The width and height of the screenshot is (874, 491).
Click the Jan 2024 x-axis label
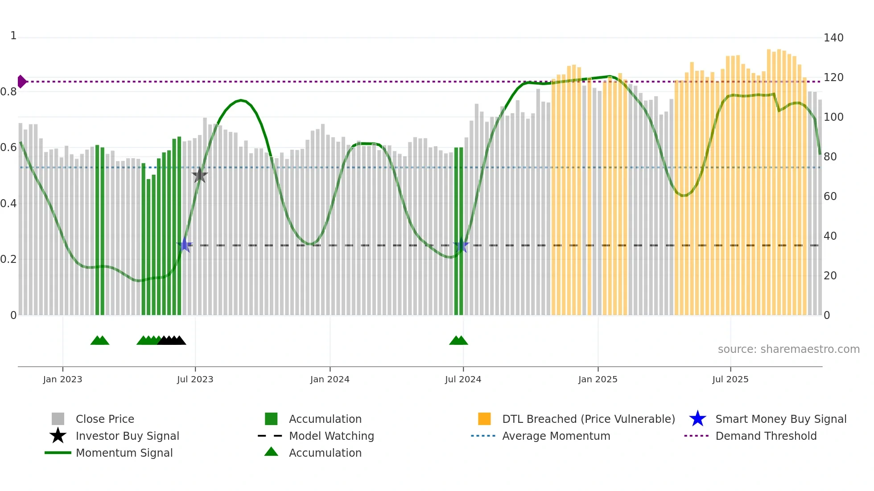330,379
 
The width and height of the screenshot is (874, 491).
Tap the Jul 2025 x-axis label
730,379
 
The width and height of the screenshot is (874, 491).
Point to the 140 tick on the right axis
833,38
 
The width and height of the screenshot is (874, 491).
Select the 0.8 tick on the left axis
9,92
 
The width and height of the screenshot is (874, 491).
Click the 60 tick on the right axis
830,196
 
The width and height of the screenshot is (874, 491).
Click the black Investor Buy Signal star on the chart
199,175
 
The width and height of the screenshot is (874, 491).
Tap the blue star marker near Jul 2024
461,245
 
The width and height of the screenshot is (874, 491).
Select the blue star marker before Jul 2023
184,245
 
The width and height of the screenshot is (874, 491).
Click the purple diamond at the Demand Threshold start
21,82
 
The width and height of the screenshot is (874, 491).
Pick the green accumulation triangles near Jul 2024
458,340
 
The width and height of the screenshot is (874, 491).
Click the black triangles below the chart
172,340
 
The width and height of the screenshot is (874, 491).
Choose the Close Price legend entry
104,419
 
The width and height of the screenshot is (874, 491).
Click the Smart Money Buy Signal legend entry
780,419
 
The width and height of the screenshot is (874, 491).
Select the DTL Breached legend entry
588,419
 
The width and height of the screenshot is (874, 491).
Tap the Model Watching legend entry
331,436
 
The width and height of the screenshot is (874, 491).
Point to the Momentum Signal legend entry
124,453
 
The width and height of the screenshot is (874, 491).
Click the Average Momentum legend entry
556,436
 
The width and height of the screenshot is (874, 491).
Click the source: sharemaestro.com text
788,349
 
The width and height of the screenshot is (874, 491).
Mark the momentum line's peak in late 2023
241,100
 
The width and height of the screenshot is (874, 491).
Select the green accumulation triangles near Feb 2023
100,340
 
